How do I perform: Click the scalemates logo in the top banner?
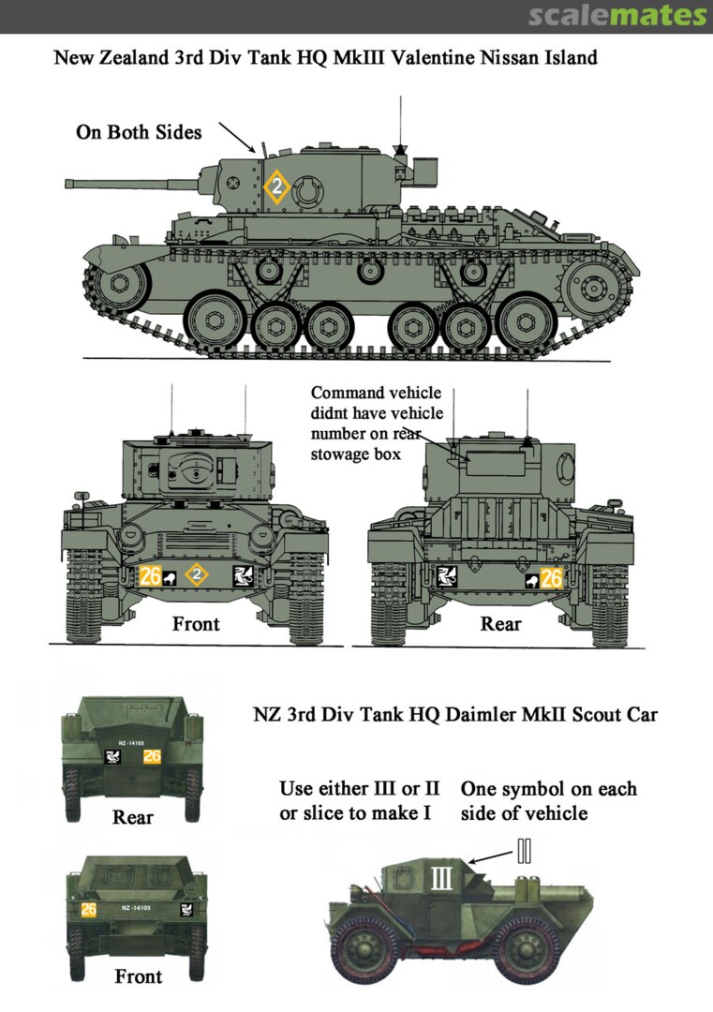617,16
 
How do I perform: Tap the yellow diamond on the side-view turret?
276,187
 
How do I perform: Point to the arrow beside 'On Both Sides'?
237,137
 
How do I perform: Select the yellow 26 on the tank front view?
150,575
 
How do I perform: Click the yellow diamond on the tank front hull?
197,574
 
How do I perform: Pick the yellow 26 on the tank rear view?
552,578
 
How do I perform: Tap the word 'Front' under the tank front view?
196,623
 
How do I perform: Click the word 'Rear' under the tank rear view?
500,623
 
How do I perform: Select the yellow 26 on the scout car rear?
153,756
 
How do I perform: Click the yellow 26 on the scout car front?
88,909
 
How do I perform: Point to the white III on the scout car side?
441,878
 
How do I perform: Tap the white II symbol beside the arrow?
525,851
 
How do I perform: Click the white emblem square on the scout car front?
186,909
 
